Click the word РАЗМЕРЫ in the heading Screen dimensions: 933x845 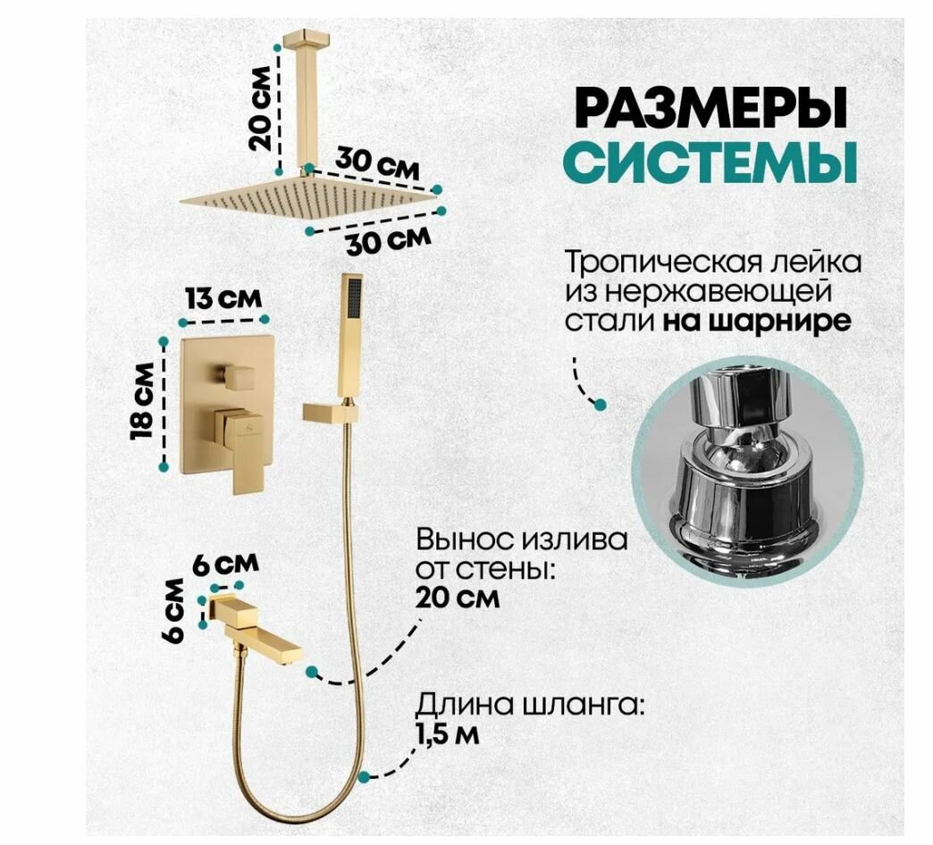(710, 109)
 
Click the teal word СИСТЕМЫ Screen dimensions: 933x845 (710, 163)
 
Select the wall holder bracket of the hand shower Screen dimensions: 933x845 (330, 412)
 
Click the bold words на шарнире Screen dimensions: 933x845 (757, 321)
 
